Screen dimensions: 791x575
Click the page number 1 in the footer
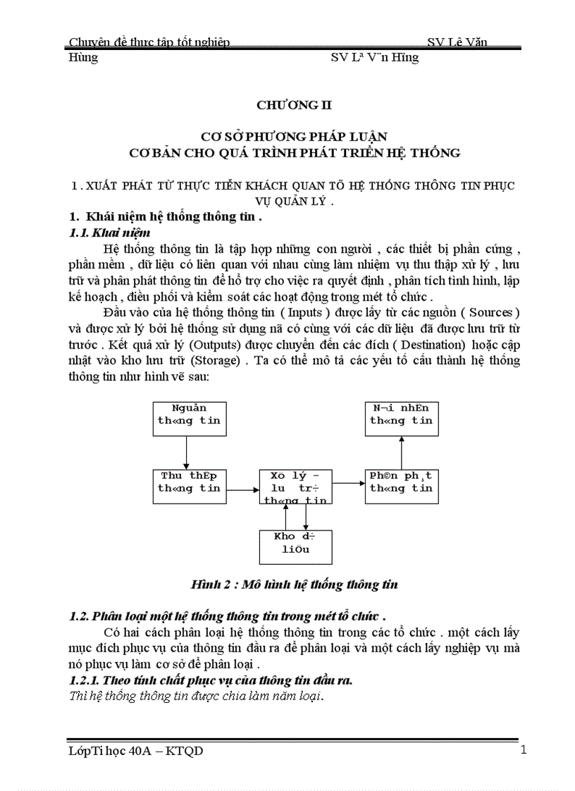pyautogui.click(x=523, y=749)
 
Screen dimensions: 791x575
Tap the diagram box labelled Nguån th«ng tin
pyautogui.click(x=189, y=419)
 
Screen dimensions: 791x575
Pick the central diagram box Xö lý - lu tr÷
pyautogui.click(x=295, y=486)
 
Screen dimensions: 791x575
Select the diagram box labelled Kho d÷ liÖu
pyautogui.click(x=295, y=546)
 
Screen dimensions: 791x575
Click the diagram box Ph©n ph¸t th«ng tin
pyautogui.click(x=401, y=486)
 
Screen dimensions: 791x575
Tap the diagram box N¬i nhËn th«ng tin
pyautogui.click(x=401, y=419)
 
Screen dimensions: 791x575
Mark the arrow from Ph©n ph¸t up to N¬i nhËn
pyautogui.click(x=401, y=453)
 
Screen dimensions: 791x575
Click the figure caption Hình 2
pyautogui.click(x=295, y=584)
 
